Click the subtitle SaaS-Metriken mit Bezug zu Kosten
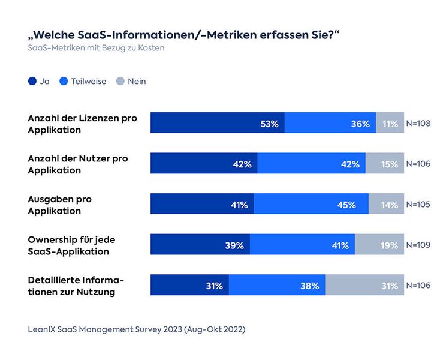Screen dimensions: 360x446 pyautogui.click(x=96, y=48)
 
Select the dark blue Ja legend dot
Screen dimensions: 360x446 pyautogui.click(x=32, y=81)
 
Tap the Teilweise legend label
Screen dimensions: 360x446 pyautogui.click(x=88, y=81)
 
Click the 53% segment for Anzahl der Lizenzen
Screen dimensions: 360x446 pyautogui.click(x=217, y=123)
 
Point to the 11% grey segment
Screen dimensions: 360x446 pyautogui.click(x=390, y=123)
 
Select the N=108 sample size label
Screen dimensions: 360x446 pyautogui.click(x=418, y=123)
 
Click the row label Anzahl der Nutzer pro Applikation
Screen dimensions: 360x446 pyautogui.click(x=78, y=164)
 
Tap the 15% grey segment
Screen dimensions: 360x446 pyautogui.click(x=385, y=164)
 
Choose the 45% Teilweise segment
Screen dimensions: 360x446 pyautogui.click(x=311, y=204)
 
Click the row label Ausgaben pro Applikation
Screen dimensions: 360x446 pyautogui.click(x=60, y=204)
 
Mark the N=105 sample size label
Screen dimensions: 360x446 pyautogui.click(x=418, y=204)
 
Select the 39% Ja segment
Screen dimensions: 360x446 pyautogui.click(x=200, y=245)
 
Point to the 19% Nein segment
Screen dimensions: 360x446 pyautogui.click(x=379, y=245)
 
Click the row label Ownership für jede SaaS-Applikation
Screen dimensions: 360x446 pyautogui.click(x=71, y=245)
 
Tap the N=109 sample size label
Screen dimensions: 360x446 pyautogui.click(x=418, y=245)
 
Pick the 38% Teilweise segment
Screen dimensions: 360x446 pyautogui.click(x=276, y=286)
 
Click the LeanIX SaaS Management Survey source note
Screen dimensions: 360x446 pyautogui.click(x=137, y=329)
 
